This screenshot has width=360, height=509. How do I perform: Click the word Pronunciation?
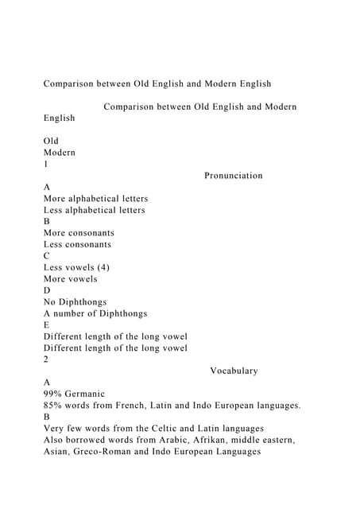233,175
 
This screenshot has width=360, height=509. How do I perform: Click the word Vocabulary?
234,371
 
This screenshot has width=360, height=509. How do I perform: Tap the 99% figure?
54,394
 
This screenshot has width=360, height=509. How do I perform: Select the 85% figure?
54,406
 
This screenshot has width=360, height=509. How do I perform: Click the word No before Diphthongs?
51,302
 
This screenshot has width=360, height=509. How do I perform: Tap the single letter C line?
47,256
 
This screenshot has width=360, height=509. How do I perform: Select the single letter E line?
47,324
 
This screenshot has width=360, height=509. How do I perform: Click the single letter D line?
47,290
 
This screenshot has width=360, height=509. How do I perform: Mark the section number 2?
46,359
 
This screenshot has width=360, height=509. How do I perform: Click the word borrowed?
94,440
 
